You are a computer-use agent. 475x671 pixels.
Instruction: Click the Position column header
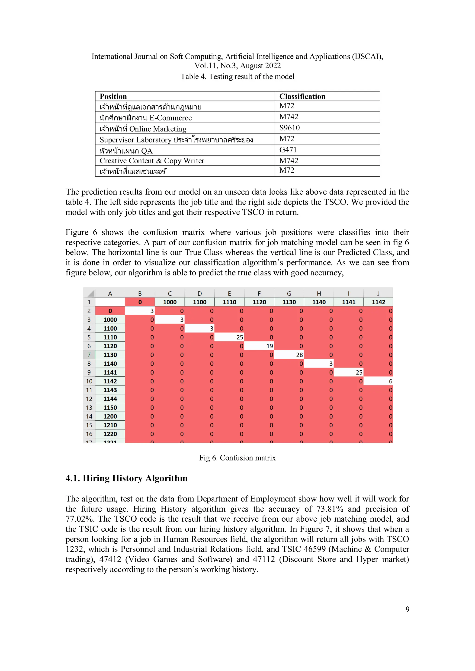click(x=113, y=96)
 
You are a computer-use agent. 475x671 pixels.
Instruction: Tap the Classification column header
click(x=302, y=96)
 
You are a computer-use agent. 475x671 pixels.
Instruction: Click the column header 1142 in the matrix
click(x=378, y=302)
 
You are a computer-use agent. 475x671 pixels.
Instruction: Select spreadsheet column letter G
click(x=289, y=293)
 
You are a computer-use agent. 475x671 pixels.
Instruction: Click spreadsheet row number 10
click(x=89, y=381)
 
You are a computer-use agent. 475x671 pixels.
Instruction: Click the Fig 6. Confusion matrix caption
click(x=237, y=458)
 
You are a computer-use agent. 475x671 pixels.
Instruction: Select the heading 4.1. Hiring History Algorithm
click(x=126, y=478)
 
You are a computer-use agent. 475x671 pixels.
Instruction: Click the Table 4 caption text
click(x=237, y=77)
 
